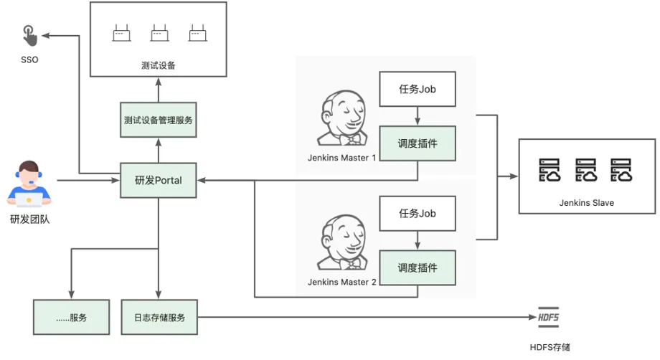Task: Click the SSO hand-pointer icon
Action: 30,36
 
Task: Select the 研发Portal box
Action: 159,181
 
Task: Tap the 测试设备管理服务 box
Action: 159,120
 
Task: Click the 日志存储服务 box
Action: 159,317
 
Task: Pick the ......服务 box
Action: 72,317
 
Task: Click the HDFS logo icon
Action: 549,317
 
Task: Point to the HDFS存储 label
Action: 550,347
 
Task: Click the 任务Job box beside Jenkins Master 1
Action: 418,89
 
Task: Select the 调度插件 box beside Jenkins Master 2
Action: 418,268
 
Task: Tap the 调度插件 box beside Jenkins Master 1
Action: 418,143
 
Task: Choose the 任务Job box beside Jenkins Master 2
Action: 418,213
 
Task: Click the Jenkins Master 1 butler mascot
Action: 342,118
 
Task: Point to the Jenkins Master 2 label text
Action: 341,283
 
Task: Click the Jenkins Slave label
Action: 586,203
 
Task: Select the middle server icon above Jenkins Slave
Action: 586,170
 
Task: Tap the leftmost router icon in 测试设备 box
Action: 122,33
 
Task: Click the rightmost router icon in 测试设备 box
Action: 198,33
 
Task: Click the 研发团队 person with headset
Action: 29,184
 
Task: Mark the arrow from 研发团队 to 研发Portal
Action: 88,181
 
